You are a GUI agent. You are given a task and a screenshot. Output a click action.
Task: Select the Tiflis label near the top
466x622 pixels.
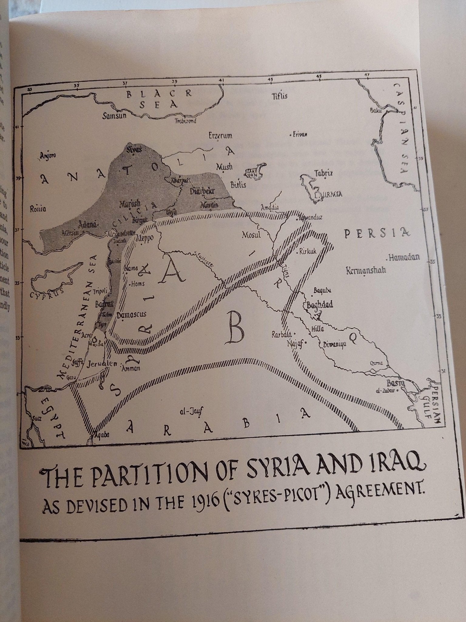pos(279,96)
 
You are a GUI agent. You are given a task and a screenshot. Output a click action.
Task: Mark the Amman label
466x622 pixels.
pos(130,368)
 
